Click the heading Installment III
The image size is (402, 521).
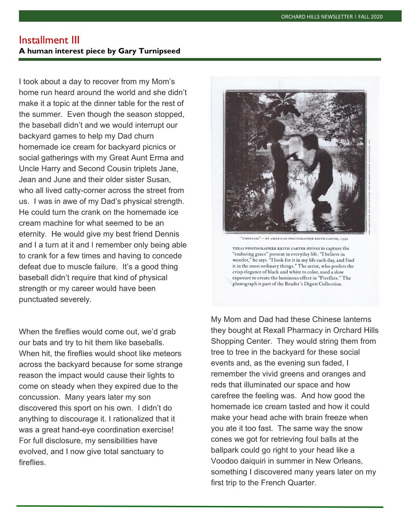[x=49, y=40]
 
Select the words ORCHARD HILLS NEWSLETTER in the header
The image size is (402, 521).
[x=317, y=17]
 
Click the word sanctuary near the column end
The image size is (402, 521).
[x=132, y=452]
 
